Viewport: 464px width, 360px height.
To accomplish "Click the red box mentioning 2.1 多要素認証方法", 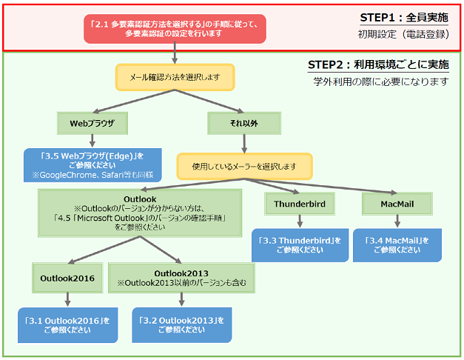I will [x=174, y=27].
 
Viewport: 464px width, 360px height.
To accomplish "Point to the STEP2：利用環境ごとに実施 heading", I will [x=378, y=65].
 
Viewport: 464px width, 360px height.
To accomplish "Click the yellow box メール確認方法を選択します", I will [x=175, y=76].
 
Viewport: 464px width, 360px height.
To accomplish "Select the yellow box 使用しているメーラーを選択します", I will [x=244, y=164].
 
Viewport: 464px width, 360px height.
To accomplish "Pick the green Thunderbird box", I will [x=300, y=202].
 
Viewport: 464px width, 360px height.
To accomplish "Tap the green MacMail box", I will [x=397, y=202].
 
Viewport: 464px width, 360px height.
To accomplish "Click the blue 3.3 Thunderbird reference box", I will [x=300, y=244].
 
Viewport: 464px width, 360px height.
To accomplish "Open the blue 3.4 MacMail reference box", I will [x=397, y=244].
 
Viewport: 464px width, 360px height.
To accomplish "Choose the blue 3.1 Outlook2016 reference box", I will [x=67, y=324].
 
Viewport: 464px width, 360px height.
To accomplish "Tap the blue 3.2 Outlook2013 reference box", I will [x=181, y=324].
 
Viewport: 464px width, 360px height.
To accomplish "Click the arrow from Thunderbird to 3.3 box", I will [x=300, y=221].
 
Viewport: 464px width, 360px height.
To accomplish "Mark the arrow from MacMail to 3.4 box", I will [x=397, y=221].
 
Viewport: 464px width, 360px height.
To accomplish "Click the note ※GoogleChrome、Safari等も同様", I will [x=93, y=175].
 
